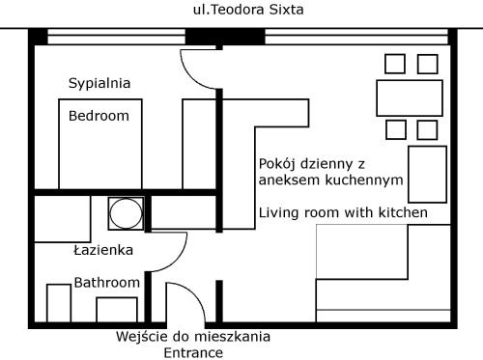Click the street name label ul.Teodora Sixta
click(248, 10)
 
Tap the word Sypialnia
click(99, 84)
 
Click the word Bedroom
click(99, 116)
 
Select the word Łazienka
click(103, 250)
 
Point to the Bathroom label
click(107, 283)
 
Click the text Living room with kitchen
click(343, 212)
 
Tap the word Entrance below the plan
click(193, 353)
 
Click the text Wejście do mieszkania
click(193, 337)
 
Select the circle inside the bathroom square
click(126, 213)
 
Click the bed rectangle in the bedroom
click(100, 144)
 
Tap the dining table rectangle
click(410, 98)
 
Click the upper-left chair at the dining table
click(395, 64)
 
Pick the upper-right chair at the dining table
click(428, 64)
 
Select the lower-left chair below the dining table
click(396, 129)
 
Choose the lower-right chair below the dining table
click(427, 130)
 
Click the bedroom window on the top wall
click(116, 37)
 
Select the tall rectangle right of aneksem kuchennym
click(428, 175)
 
